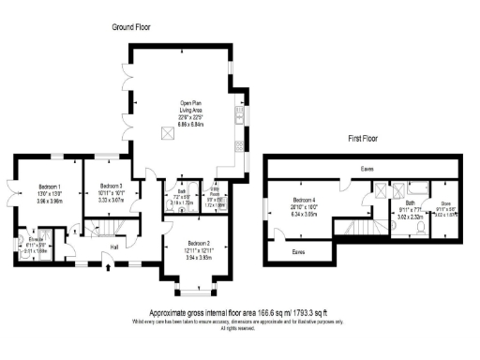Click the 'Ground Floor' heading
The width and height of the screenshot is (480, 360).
[131, 27]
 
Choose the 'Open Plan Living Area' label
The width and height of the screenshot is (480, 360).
[191, 109]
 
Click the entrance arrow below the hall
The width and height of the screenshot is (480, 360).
[111, 268]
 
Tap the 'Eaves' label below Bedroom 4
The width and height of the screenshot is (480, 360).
[298, 252]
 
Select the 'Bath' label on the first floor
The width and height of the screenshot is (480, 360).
[410, 202]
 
